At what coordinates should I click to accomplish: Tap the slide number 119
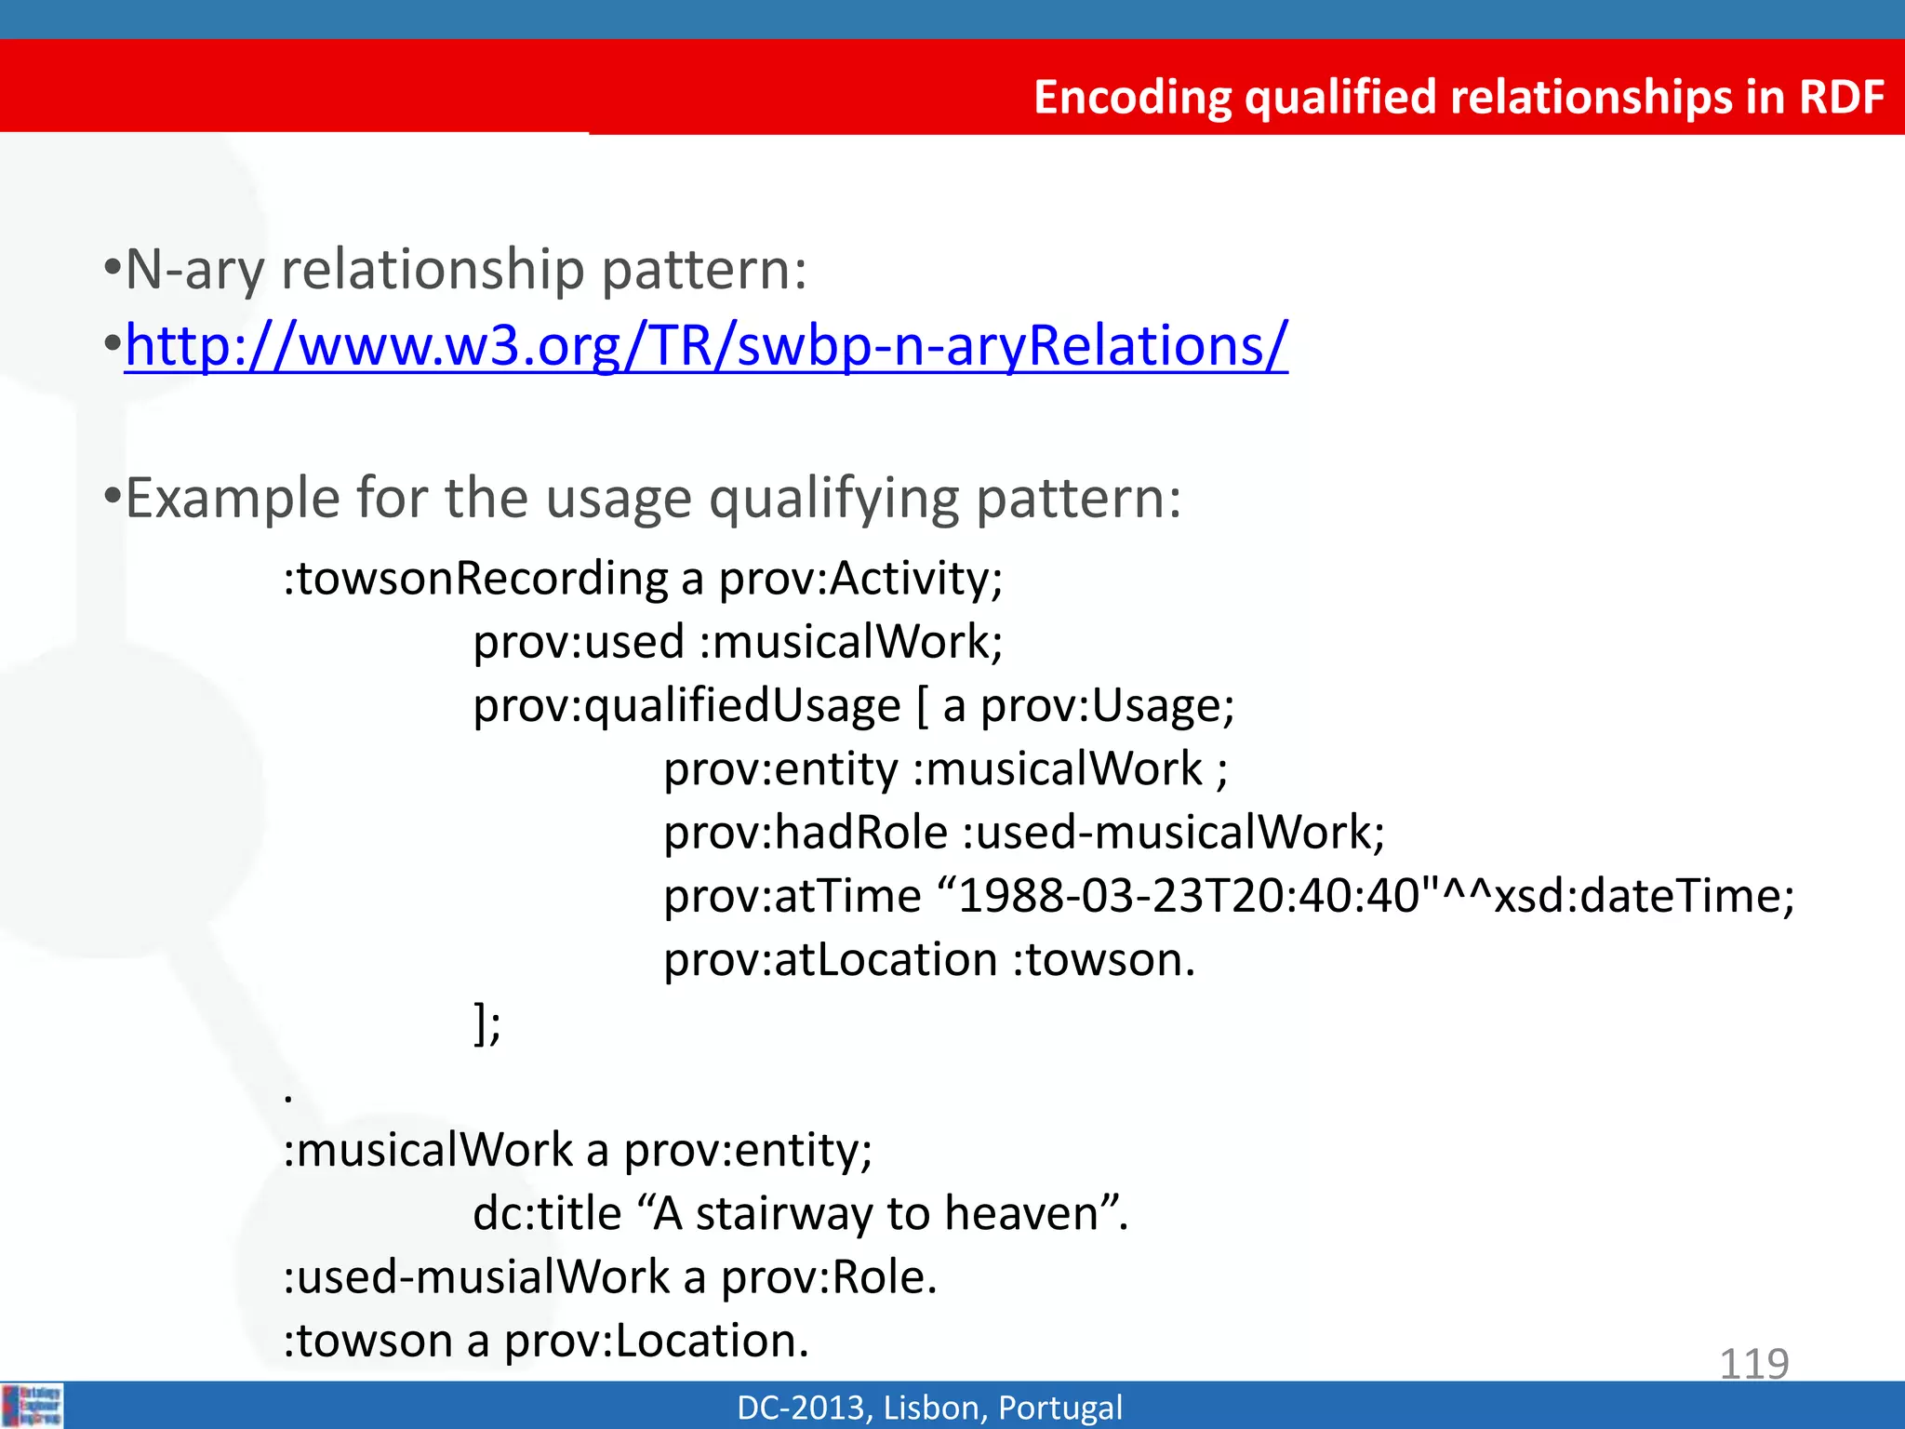1753,1364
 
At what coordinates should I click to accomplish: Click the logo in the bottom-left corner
33,1405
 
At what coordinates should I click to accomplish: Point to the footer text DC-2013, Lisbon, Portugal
929,1408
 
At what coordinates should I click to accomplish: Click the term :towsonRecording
475,579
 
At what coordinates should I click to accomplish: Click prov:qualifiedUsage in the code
687,705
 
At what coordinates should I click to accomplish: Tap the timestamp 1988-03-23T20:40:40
1190,897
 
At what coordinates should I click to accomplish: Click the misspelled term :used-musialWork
475,1277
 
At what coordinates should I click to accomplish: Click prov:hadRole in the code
805,833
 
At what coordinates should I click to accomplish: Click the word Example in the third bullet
233,499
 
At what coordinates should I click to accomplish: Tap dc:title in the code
547,1214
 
